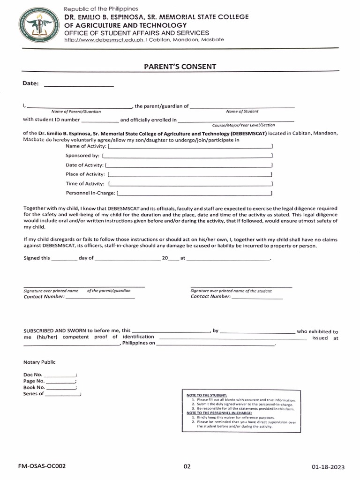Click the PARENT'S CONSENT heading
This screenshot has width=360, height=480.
click(x=180, y=66)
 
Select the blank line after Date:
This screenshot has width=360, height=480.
click(x=78, y=86)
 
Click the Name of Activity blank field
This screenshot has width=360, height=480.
click(x=190, y=147)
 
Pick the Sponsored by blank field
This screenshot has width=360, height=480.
click(x=187, y=156)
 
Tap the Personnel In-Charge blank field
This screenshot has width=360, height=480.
click(x=194, y=193)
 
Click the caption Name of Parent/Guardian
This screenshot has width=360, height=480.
click(x=76, y=112)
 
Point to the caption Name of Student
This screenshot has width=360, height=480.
click(x=242, y=112)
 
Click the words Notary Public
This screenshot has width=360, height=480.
click(x=39, y=362)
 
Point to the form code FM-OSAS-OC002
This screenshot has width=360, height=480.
click(x=42, y=466)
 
